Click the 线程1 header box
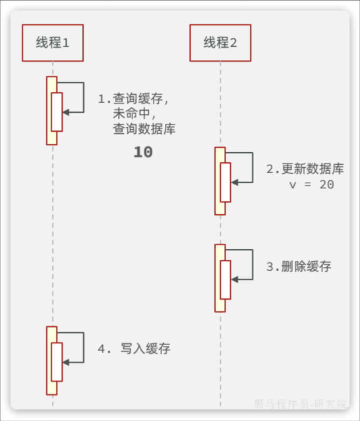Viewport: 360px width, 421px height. point(52,43)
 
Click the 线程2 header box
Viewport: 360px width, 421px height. point(220,43)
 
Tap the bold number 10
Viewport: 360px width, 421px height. point(143,152)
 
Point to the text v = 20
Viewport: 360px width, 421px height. point(312,184)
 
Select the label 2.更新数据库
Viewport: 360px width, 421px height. point(305,169)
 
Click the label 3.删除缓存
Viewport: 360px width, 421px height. point(299,267)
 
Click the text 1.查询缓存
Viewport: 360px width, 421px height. point(133,99)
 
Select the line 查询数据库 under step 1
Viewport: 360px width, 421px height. point(144,129)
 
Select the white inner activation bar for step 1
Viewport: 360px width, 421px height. point(56,112)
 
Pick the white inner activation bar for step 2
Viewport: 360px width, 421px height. point(225,182)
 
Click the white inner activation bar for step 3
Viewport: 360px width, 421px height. point(225,280)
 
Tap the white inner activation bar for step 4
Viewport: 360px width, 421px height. point(56,362)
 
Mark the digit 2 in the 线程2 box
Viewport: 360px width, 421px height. point(233,43)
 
